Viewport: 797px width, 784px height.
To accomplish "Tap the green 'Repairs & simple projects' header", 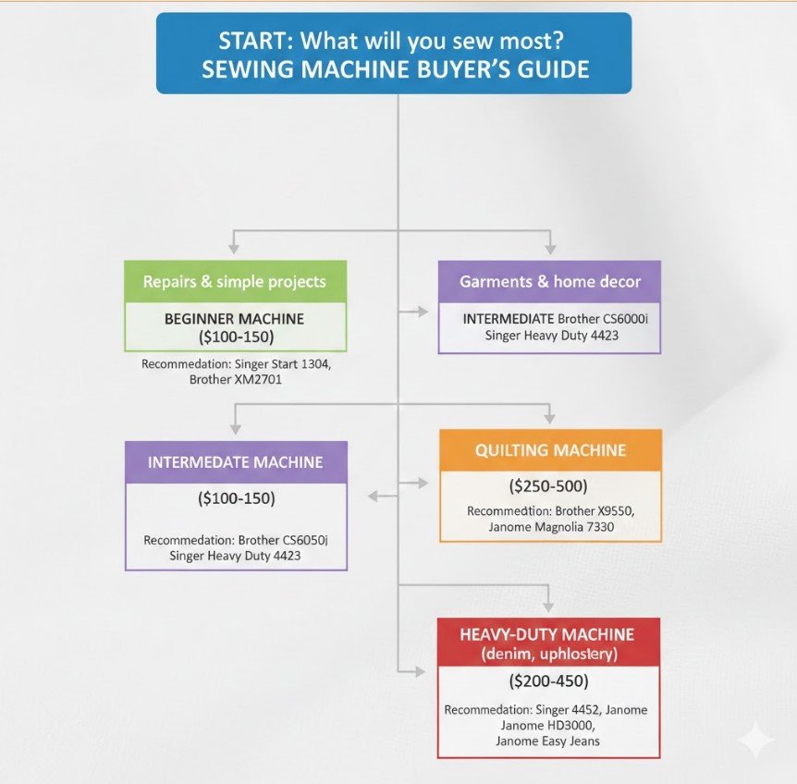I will [234, 282].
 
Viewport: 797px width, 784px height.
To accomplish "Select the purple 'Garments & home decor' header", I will [550, 282].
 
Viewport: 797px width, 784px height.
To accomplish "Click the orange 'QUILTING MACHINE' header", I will [550, 451].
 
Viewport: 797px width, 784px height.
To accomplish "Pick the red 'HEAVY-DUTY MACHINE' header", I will [548, 635].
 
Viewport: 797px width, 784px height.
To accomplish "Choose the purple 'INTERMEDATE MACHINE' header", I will [236, 461].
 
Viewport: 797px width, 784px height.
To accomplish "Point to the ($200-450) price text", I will [548, 682].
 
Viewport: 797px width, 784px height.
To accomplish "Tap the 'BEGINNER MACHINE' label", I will [234, 319].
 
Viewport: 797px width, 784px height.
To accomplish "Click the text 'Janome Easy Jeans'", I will [547, 741].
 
